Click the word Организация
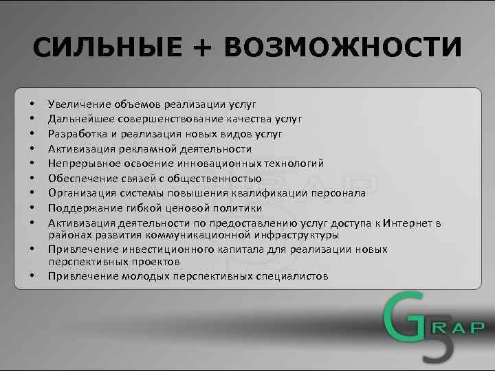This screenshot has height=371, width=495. [79, 194]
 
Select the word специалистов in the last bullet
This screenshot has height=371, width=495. [293, 276]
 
